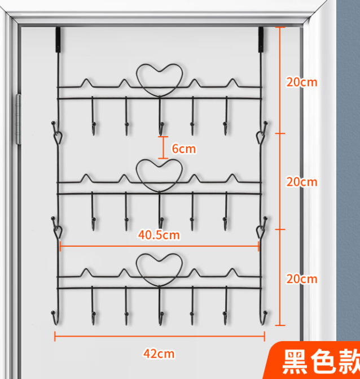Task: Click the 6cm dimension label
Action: (x=184, y=149)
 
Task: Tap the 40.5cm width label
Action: (x=159, y=235)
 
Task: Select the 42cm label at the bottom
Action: (x=159, y=354)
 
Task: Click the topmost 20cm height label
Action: (x=302, y=82)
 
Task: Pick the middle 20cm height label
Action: (x=302, y=182)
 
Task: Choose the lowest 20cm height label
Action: (x=302, y=279)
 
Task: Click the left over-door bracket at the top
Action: (x=58, y=40)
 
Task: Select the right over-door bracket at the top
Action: (x=261, y=40)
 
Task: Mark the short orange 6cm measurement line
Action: (x=163, y=147)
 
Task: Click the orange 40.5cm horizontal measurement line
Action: (x=159, y=246)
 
